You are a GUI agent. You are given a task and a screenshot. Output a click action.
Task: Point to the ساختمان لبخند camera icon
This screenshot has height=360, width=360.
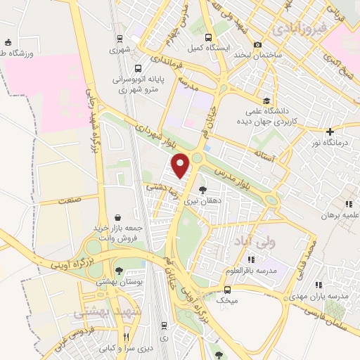click(257, 44)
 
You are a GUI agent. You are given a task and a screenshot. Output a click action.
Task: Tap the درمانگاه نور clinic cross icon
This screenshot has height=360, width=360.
click(330, 131)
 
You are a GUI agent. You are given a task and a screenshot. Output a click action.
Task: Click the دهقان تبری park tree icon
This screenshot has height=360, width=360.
click(203, 190)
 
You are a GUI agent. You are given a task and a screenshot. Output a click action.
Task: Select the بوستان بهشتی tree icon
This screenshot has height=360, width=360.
click(119, 270)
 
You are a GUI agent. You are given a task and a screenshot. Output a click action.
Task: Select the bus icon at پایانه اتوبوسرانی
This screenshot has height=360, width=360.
click(137, 68)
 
